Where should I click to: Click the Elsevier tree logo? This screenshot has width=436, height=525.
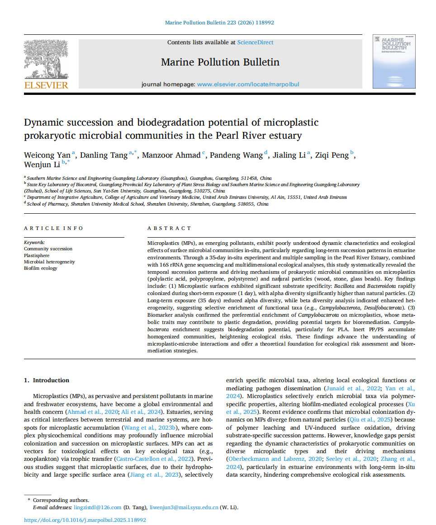coord(46,58)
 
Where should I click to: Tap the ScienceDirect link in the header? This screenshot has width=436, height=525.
coord(255,42)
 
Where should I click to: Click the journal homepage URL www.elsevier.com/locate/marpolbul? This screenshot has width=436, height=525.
coord(248,84)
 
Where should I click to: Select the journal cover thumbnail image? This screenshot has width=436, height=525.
coord(393,61)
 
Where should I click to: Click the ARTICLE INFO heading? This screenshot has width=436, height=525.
coord(54,228)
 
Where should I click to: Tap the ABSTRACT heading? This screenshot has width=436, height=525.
coord(169,228)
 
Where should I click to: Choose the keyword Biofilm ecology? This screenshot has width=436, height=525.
coord(41,268)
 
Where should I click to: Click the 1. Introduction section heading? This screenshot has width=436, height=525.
coord(47,380)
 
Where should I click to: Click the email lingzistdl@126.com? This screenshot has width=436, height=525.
coord(98,507)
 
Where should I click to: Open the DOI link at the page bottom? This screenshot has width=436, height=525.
coord(85,520)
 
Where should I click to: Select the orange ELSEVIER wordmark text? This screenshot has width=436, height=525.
coord(46,85)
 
